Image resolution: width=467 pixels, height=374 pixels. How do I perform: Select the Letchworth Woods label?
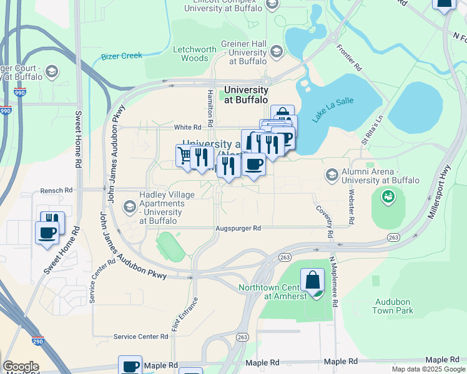tap(194, 54)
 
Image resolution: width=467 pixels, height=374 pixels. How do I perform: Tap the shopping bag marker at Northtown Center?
tap(312, 280)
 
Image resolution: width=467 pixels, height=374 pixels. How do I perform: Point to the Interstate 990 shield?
tap(6, 110)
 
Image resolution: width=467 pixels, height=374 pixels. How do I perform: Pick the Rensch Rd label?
tap(57, 190)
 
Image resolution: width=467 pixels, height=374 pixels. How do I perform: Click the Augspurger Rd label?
tap(238, 228)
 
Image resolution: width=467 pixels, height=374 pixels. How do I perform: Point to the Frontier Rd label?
tap(349, 57)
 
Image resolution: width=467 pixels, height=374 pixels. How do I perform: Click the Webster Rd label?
tap(351, 207)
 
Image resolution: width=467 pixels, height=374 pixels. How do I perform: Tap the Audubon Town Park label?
tap(394, 305)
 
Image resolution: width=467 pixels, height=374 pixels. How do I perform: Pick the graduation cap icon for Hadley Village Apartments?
tap(130, 206)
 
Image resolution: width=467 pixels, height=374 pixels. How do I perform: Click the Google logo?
tap(21, 367)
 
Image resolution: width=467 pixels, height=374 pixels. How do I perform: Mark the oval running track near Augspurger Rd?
tap(170, 246)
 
